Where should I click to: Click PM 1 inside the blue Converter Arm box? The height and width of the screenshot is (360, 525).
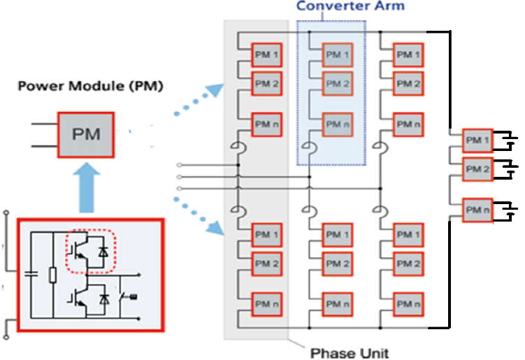(337, 54)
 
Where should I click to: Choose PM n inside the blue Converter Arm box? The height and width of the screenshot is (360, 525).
(337, 124)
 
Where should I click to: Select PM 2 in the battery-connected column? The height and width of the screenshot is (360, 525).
(478, 169)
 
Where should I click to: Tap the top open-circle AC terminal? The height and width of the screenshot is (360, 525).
(181, 166)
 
